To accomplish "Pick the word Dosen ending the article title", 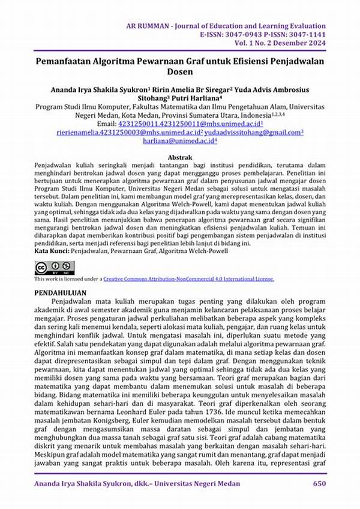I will coord(179,71).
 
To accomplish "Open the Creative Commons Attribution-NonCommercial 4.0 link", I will coord(188,279).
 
